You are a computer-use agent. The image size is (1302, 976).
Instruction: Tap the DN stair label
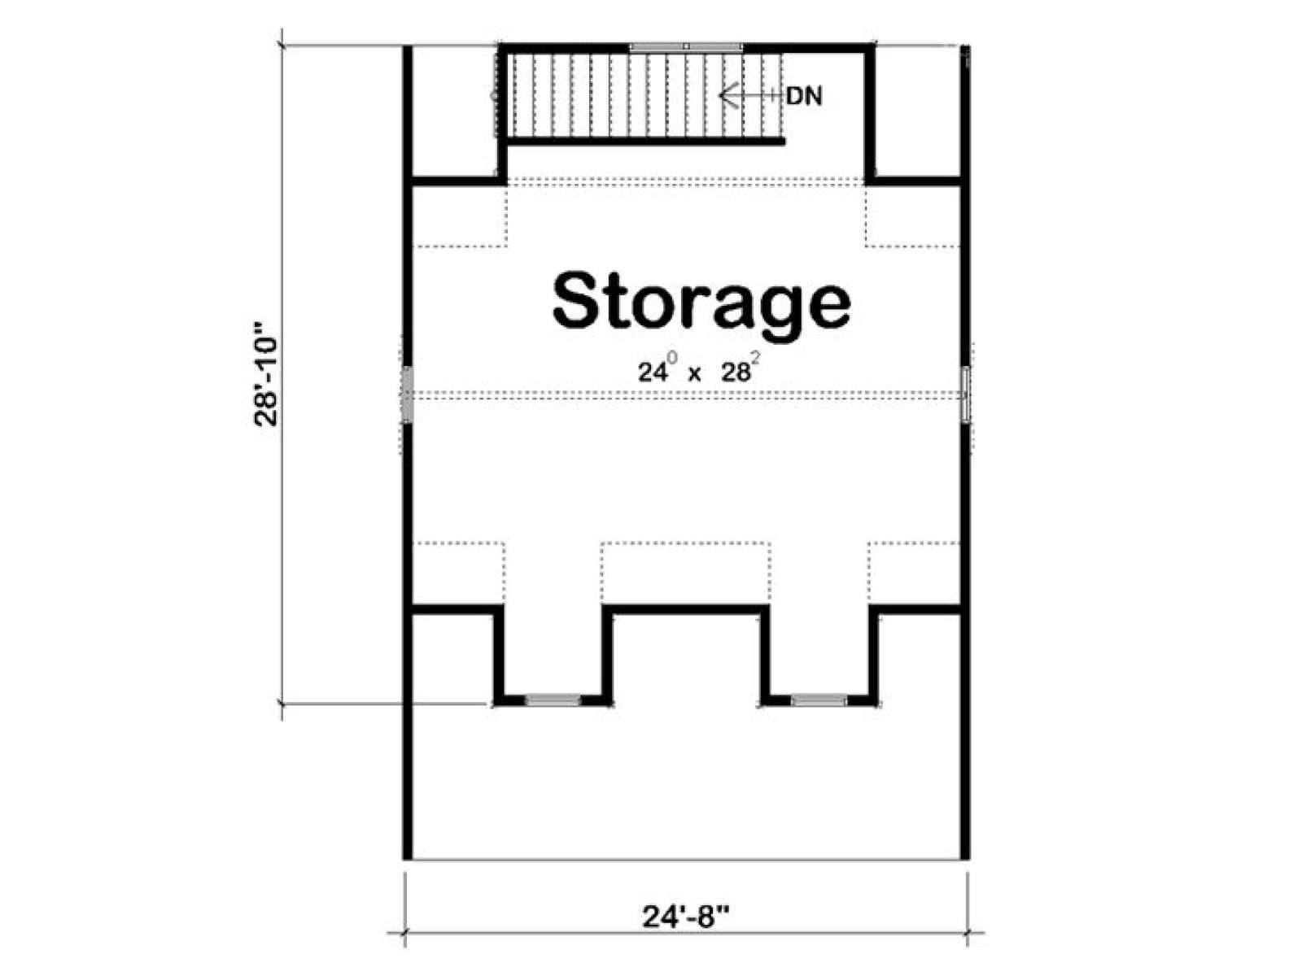pos(804,96)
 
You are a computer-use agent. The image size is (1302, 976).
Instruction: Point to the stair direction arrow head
pos(727,95)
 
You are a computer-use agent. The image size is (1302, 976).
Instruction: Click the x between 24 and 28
pos(693,374)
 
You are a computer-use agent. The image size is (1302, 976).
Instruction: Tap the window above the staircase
pos(686,46)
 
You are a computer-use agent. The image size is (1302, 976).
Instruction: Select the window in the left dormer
pos(553,699)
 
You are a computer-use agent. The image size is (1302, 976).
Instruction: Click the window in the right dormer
pos(819,699)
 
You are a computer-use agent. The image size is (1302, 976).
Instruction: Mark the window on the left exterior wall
pos(407,394)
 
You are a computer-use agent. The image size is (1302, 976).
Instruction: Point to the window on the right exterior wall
pos(965,394)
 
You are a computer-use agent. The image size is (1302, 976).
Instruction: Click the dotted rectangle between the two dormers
pos(686,574)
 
